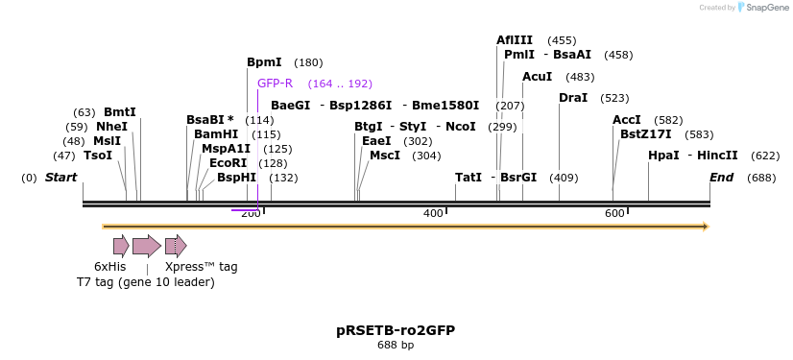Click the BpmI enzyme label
pyautogui.click(x=264, y=62)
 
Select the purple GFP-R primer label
pyautogui.click(x=275, y=84)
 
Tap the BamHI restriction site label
pyautogui.click(x=216, y=134)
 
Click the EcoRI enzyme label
pyautogui.click(x=228, y=163)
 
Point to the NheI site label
pyautogui.click(x=111, y=127)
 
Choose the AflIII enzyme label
pyautogui.click(x=515, y=40)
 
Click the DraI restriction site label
pyautogui.click(x=573, y=98)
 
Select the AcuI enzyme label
pyautogui.click(x=538, y=77)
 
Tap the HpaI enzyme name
pyautogui.click(x=663, y=156)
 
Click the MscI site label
pyautogui.click(x=385, y=156)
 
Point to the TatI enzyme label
pyautogui.click(x=469, y=178)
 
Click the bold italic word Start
pyautogui.click(x=60, y=178)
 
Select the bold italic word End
pyautogui.click(x=721, y=178)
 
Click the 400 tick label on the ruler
pyautogui.click(x=433, y=213)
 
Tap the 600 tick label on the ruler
pyautogui.click(x=614, y=213)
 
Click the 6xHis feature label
pyautogui.click(x=109, y=267)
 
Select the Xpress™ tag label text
pyautogui.click(x=201, y=267)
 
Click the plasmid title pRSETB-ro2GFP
pyautogui.click(x=396, y=330)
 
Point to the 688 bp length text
pyautogui.click(x=396, y=345)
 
